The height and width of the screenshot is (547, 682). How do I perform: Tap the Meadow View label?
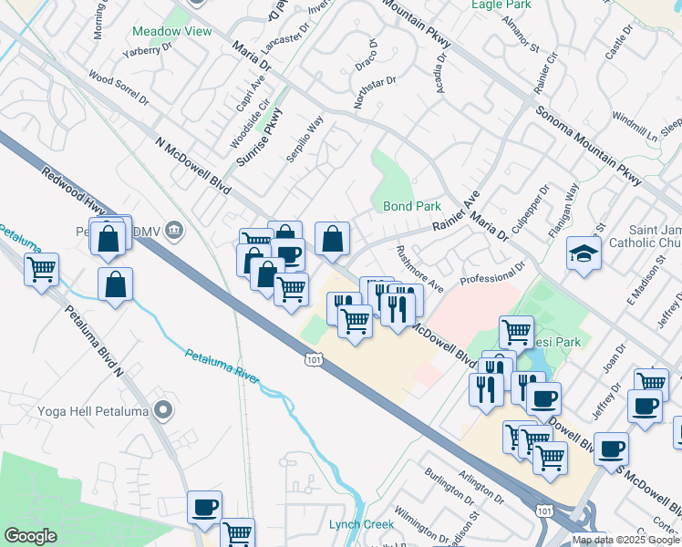[172, 32]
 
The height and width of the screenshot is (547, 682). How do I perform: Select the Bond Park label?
[412, 207]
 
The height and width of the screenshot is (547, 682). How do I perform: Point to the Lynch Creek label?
[362, 524]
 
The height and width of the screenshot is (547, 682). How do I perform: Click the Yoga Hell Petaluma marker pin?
[163, 409]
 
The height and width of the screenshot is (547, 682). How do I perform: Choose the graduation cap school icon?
[584, 254]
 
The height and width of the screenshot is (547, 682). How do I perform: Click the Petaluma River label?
[222, 369]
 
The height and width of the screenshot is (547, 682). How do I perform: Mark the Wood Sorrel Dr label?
[114, 81]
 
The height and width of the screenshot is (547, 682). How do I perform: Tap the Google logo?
[30, 536]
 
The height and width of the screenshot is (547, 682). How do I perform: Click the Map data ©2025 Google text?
[626, 540]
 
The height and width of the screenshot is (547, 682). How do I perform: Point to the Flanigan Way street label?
[568, 205]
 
